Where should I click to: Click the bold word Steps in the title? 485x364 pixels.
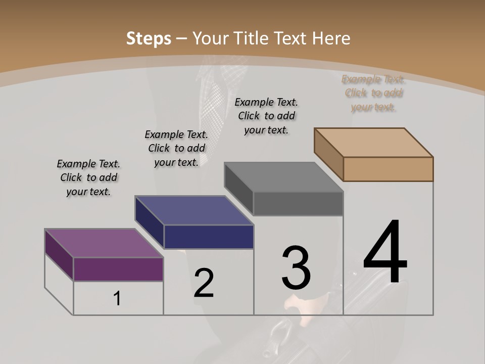[148, 38]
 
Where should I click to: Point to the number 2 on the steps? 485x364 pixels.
[204, 283]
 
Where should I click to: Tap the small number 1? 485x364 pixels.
[117, 299]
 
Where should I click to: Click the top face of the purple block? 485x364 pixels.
[104, 243]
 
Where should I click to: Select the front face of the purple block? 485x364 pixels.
[118, 269]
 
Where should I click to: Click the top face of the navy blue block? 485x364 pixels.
[194, 210]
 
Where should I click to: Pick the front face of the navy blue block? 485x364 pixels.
[209, 237]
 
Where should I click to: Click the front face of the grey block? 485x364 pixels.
[298, 204]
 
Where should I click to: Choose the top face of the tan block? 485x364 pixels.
[374, 142]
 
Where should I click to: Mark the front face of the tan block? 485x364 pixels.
[388, 169]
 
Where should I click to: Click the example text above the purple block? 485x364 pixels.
[88, 177]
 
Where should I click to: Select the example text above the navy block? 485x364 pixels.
[176, 148]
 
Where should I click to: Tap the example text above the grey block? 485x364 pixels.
[266, 116]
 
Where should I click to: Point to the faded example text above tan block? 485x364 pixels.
[373, 93]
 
